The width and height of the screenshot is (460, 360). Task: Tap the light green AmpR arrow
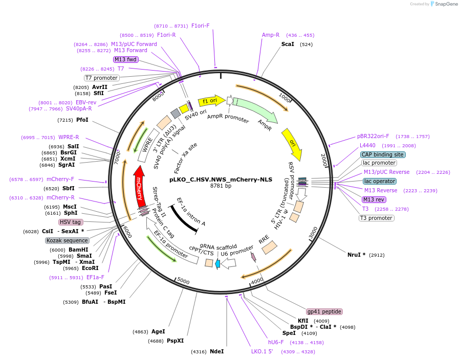(256, 110)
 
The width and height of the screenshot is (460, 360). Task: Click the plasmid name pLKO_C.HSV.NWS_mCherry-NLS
(221, 179)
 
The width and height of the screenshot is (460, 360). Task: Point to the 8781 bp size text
(221, 186)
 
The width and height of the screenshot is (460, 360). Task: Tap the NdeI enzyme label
(217, 351)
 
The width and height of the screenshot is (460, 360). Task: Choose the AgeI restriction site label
(158, 332)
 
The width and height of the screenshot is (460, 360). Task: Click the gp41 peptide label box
(324, 311)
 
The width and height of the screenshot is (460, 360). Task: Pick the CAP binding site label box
(383, 154)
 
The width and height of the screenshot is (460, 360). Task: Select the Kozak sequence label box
(67, 240)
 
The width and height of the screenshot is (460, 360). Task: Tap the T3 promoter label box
(377, 218)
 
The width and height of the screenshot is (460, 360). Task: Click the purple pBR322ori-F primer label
(373, 137)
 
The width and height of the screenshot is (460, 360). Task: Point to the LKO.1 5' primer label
(262, 351)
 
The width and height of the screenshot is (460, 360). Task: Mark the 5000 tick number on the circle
(183, 281)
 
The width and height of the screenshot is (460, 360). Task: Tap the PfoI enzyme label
(82, 120)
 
